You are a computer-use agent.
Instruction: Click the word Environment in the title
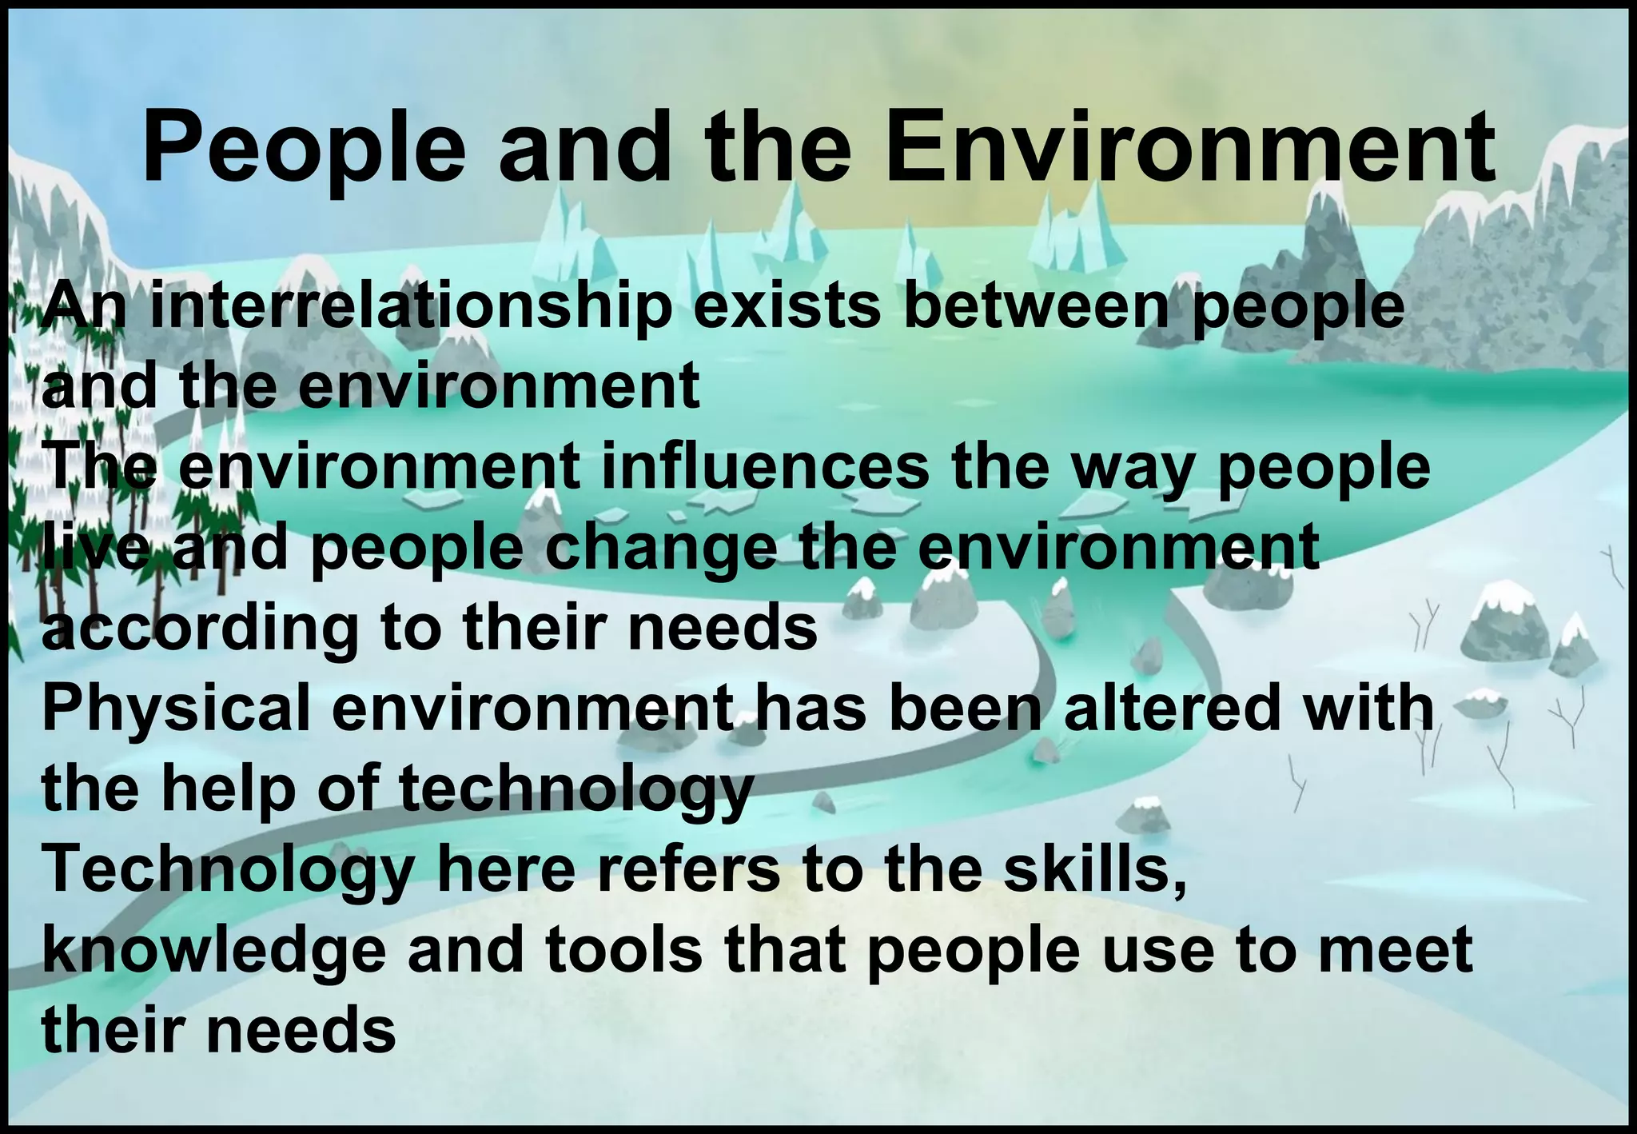(x=1190, y=148)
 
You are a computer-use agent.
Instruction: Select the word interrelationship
(x=411, y=308)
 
